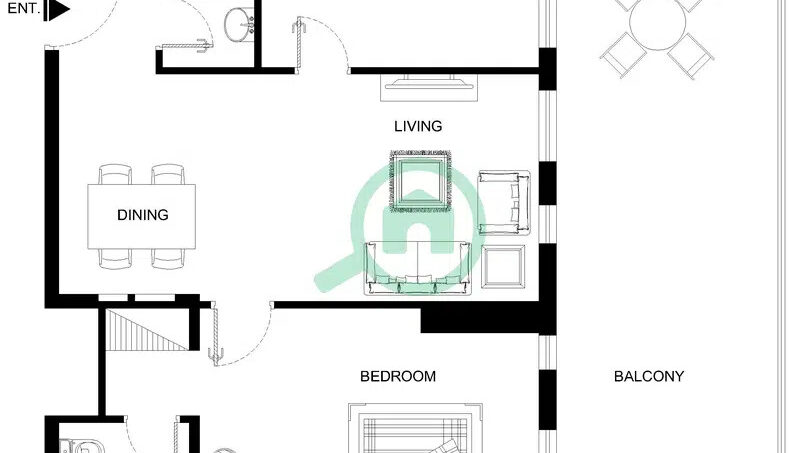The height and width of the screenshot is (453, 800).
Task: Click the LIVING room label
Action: click(x=418, y=126)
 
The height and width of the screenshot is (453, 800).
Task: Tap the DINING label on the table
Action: click(x=143, y=215)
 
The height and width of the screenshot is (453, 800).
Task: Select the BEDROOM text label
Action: click(x=398, y=376)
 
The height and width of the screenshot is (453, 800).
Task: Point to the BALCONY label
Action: click(x=648, y=376)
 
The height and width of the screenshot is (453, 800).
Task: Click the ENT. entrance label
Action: click(x=23, y=8)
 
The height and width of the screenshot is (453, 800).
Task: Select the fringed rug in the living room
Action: click(x=420, y=181)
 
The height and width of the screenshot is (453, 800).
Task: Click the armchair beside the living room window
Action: click(x=504, y=203)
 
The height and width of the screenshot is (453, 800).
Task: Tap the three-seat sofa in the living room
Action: click(x=417, y=269)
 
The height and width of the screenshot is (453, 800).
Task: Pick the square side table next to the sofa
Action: click(x=503, y=266)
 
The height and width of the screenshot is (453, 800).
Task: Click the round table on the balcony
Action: click(x=657, y=22)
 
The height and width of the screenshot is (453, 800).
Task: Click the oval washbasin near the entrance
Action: click(x=240, y=23)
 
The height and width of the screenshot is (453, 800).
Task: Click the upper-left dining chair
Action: click(x=115, y=174)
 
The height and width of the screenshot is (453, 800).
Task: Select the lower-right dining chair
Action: click(x=168, y=259)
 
